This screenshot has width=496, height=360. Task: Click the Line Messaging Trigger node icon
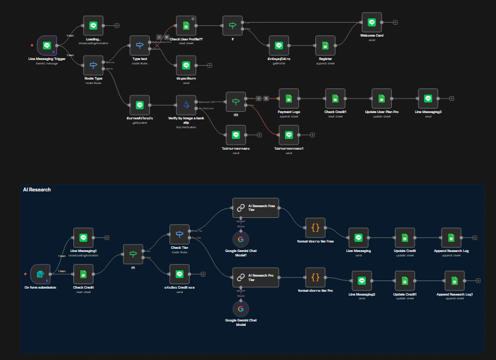[x=47, y=45]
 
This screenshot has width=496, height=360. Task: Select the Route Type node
[x=94, y=65]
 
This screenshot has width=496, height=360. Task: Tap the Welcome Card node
[x=372, y=22]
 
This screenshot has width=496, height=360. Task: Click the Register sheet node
[x=325, y=45]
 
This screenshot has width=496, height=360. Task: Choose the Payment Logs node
[x=289, y=99]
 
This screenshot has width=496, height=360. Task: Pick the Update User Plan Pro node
[x=382, y=99]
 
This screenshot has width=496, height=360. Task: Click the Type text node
[x=139, y=45]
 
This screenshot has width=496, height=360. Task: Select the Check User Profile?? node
[x=186, y=26]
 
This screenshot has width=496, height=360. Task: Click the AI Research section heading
[x=37, y=189]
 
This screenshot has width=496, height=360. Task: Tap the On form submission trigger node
[x=40, y=274]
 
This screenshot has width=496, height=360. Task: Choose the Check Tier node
[x=179, y=234]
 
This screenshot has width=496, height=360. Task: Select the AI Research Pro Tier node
[x=255, y=277]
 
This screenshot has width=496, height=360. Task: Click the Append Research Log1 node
[x=454, y=282]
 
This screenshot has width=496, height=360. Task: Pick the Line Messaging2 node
[x=361, y=282]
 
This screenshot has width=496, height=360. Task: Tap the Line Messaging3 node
[x=428, y=99]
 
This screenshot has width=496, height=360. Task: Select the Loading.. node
[x=94, y=26]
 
